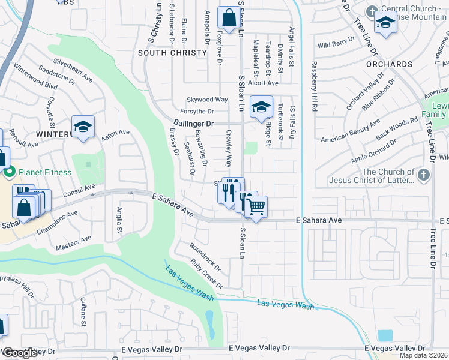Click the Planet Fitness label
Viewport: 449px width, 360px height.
(x=45, y=173)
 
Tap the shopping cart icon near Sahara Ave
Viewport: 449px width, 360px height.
(x=256, y=207)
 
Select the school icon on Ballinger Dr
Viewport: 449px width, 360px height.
(x=261, y=107)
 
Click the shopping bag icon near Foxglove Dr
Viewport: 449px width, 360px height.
(x=229, y=18)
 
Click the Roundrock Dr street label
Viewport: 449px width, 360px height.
(x=205, y=255)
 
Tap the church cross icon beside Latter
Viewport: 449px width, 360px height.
(x=424, y=175)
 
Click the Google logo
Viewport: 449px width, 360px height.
(x=20, y=353)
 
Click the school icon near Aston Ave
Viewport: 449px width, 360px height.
(x=83, y=127)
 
